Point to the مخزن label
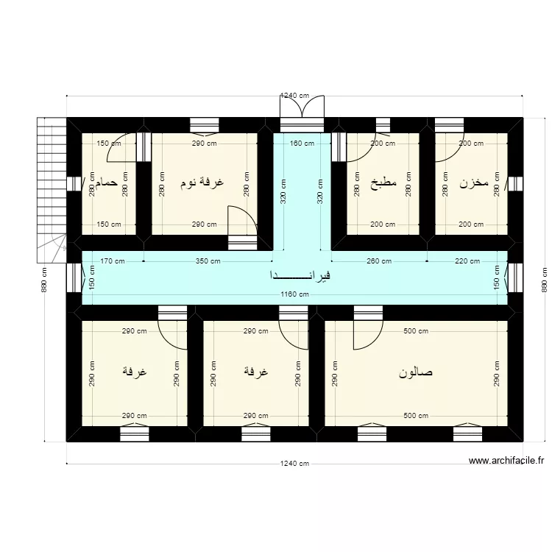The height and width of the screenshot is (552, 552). pos(474,183)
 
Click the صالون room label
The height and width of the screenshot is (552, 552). pos(415,372)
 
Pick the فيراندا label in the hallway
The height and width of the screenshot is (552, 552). pos(300,276)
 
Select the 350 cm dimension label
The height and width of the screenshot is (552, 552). pos(208,261)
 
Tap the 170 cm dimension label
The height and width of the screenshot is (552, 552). pos(113,261)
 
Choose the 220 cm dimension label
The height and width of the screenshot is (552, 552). pos(467,261)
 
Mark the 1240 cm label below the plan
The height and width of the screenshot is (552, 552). pos(294,464)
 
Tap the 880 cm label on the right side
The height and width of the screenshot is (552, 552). pos(545,279)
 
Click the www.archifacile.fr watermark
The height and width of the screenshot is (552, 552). pos(506,461)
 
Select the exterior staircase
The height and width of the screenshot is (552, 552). pos(52,188)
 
